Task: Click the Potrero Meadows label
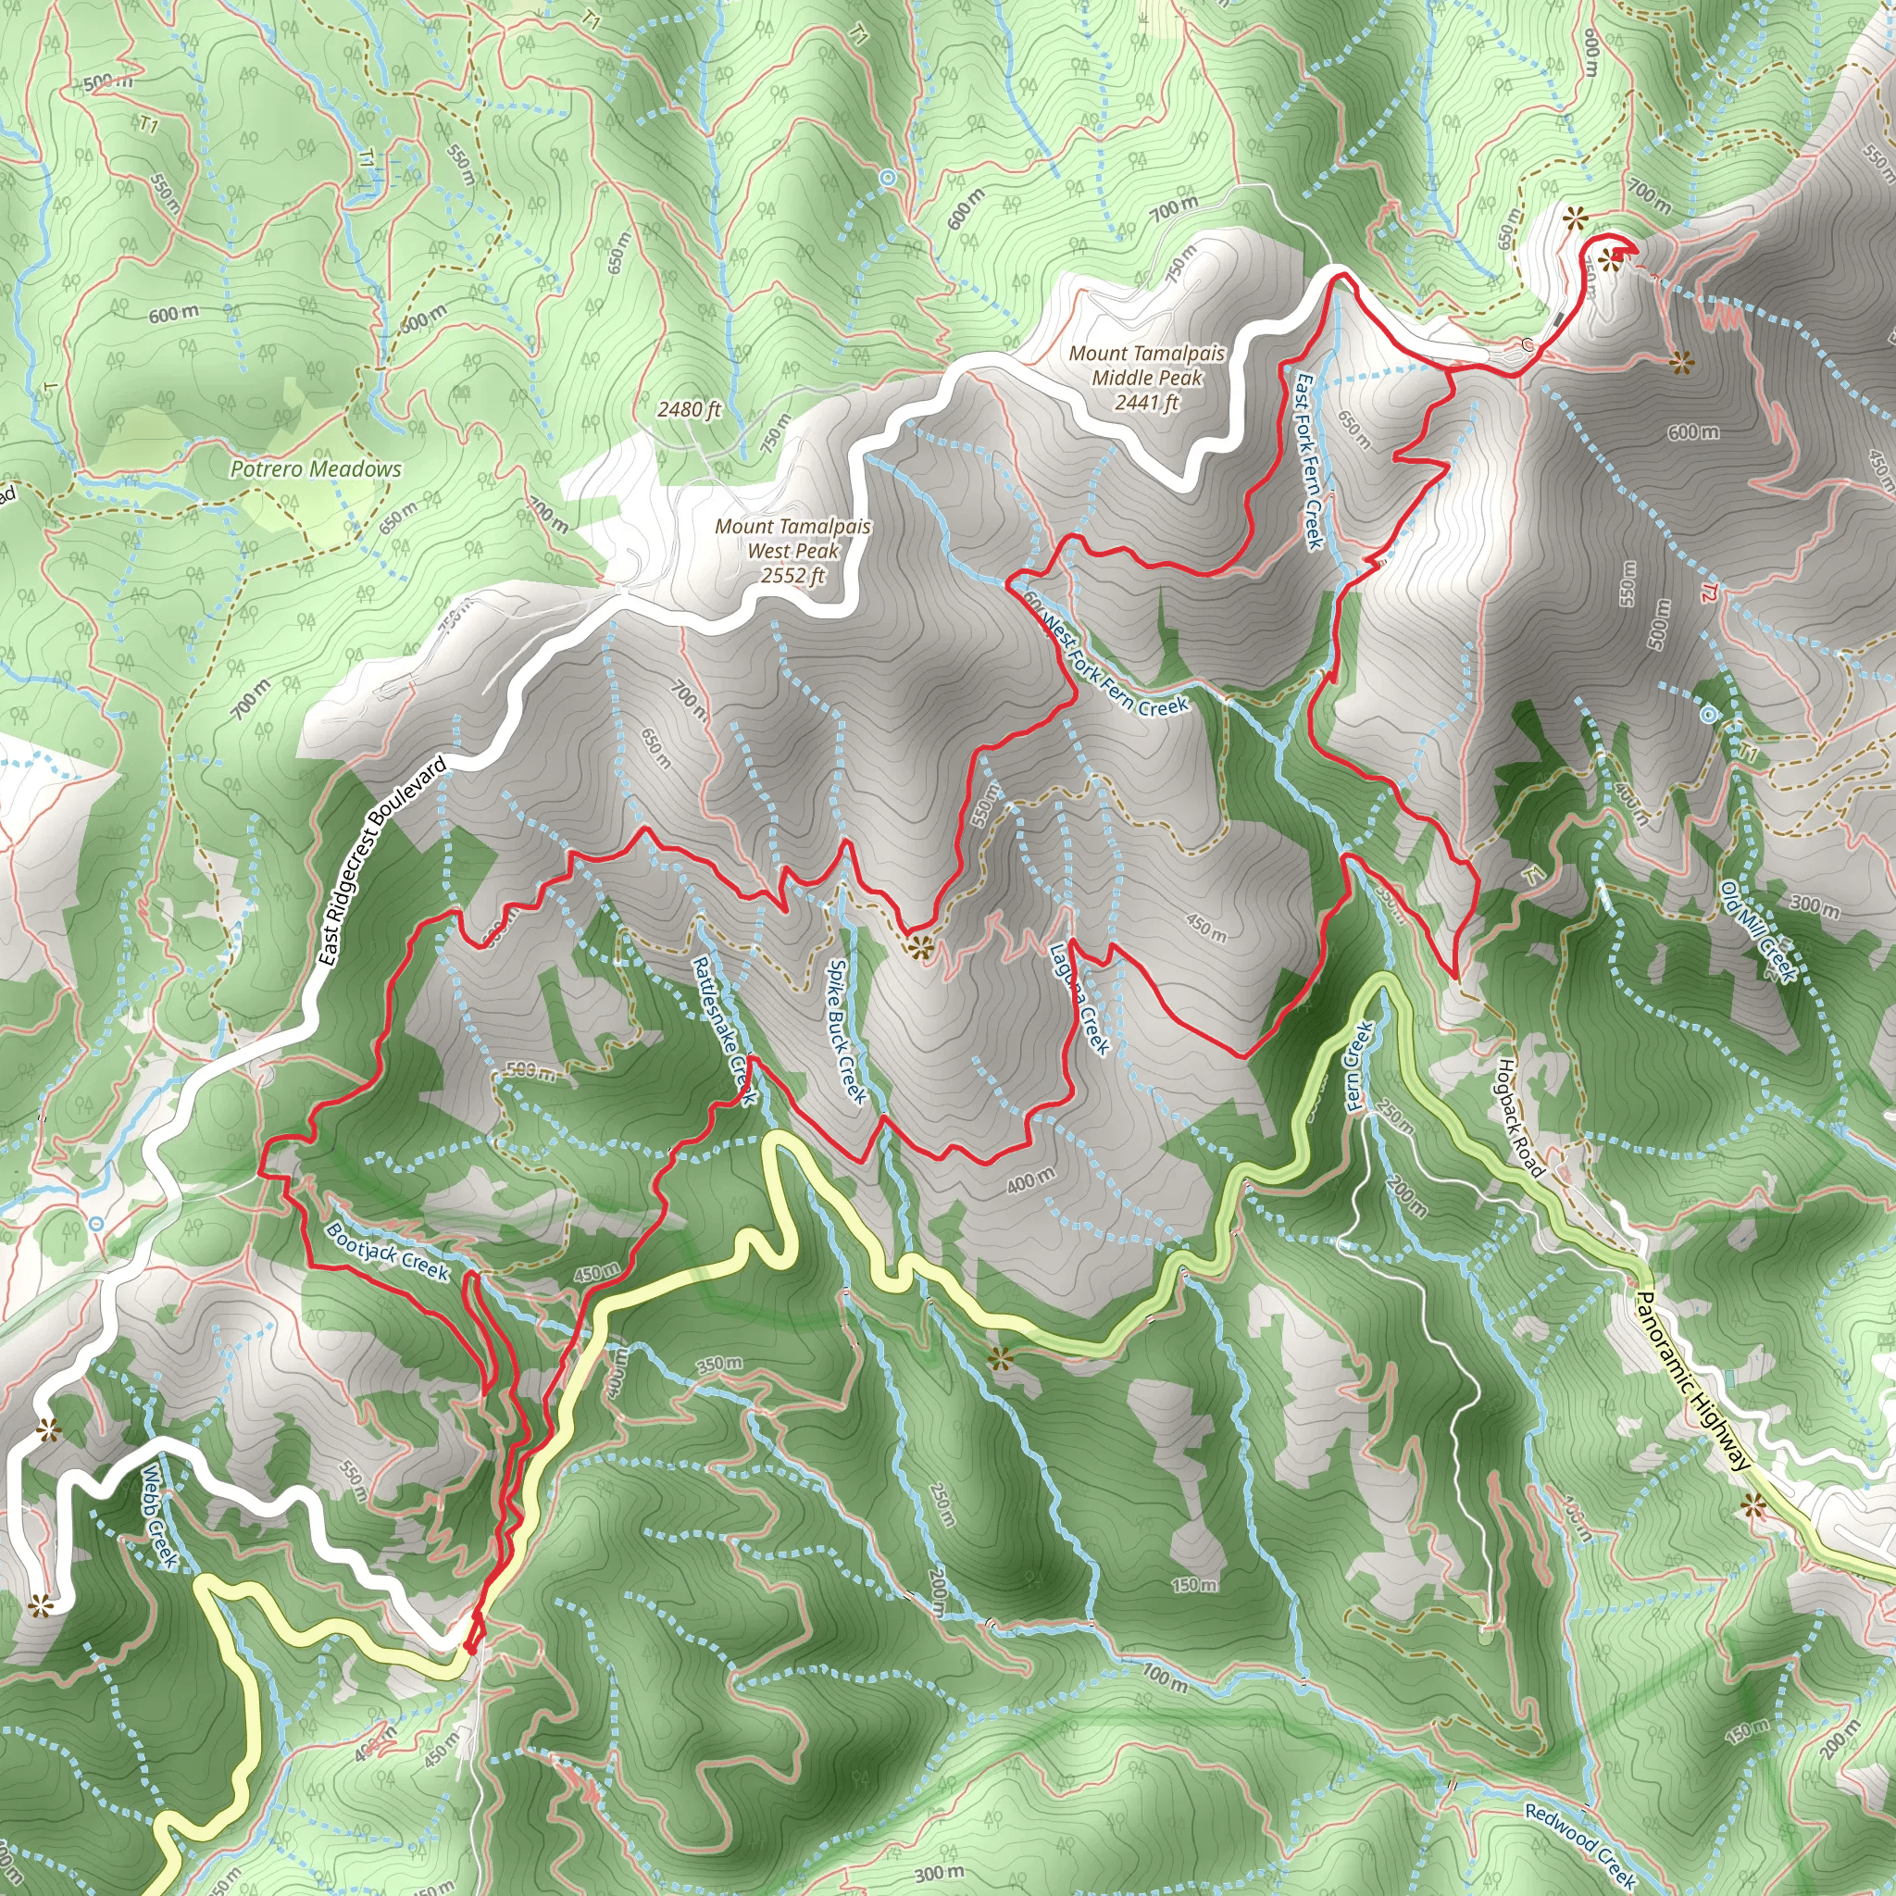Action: pyautogui.click(x=315, y=469)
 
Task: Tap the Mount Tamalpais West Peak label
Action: pyautogui.click(x=793, y=539)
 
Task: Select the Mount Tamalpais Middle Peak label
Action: pyautogui.click(x=1147, y=365)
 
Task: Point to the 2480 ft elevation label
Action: pyautogui.click(x=689, y=409)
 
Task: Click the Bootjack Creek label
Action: pyautogui.click(x=388, y=1252)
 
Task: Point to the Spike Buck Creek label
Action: pyautogui.click(x=846, y=1030)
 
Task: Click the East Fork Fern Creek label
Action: pyautogui.click(x=1309, y=461)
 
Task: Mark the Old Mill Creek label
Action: pyautogui.click(x=1760, y=931)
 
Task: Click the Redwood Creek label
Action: pyautogui.click(x=1580, y=1846)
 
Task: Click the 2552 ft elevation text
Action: pyautogui.click(x=793, y=576)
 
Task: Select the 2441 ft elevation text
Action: pyautogui.click(x=1147, y=403)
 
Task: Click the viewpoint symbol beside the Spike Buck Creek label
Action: pyautogui.click(x=919, y=947)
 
